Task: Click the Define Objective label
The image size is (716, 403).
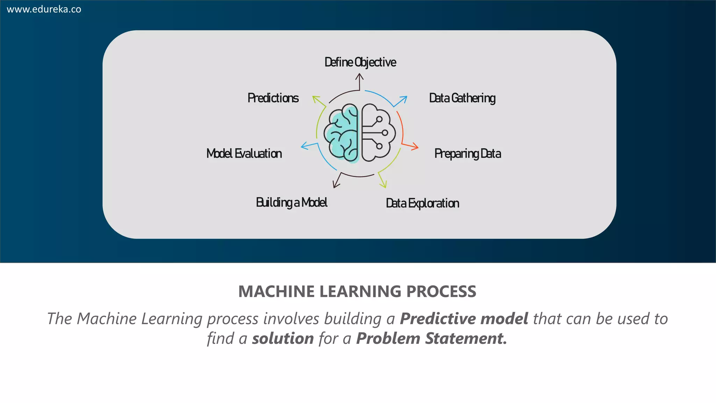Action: tap(360, 62)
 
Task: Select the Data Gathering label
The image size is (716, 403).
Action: tap(462, 98)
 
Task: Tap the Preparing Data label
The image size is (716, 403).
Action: tap(467, 154)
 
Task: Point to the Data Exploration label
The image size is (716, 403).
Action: tap(422, 203)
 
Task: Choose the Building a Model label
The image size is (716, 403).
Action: tap(292, 203)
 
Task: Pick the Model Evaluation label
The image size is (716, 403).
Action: tap(244, 154)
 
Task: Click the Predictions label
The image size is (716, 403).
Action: tap(273, 98)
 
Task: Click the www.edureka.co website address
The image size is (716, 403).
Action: tap(44, 9)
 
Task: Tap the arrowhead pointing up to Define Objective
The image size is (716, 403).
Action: tap(359, 76)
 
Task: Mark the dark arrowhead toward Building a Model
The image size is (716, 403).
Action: tap(336, 184)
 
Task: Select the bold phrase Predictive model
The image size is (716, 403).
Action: tap(464, 319)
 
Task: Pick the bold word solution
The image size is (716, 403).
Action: tap(283, 339)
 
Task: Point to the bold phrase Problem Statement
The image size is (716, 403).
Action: tap(431, 339)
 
